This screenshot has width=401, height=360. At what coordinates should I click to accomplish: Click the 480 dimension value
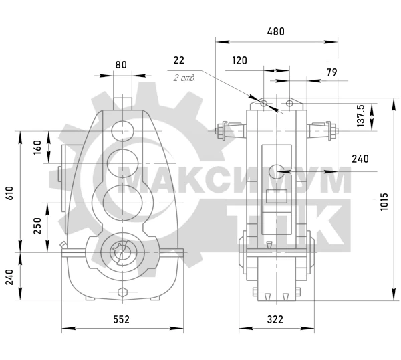click(275, 31)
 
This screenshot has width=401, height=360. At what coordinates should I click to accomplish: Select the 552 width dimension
click(121, 319)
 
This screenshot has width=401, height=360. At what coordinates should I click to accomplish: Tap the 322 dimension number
click(275, 319)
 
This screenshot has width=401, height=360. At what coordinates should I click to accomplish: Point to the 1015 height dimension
click(384, 202)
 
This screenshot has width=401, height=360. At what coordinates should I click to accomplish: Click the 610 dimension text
click(9, 193)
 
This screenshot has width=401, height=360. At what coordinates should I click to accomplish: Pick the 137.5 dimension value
click(360, 116)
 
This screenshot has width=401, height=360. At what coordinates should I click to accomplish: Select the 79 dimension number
click(331, 72)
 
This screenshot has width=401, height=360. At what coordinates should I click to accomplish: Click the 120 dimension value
click(240, 60)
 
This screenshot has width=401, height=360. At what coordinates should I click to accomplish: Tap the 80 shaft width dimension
click(121, 64)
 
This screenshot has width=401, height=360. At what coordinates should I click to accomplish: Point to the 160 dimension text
click(37, 147)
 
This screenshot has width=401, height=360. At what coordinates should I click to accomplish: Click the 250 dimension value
click(37, 226)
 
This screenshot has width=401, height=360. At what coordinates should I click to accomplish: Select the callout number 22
click(178, 60)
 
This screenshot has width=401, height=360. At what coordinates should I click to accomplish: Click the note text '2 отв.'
click(184, 78)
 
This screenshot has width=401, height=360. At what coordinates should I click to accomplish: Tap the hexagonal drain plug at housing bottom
click(123, 292)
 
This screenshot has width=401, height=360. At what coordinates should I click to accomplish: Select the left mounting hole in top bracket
click(264, 103)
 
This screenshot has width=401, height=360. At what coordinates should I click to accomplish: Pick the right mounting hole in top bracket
click(289, 103)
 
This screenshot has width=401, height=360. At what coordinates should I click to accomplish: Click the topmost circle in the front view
click(123, 130)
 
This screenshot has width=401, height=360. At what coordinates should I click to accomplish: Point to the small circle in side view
click(277, 171)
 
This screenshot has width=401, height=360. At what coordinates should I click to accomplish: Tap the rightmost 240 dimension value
click(360, 159)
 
